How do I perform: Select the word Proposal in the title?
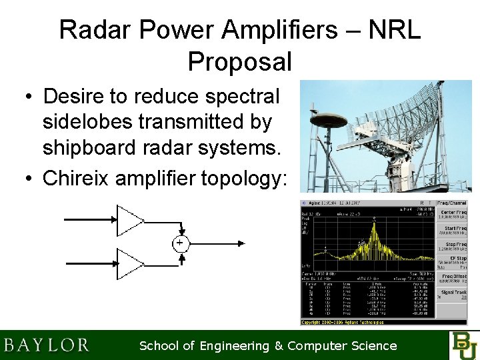[x=240, y=61]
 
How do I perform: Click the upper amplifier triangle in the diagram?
[x=129, y=220]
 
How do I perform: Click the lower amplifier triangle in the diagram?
[x=129, y=263]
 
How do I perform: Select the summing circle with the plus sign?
[x=180, y=243]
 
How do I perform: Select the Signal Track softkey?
[x=453, y=294]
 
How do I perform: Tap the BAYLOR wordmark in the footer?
[x=46, y=345]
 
